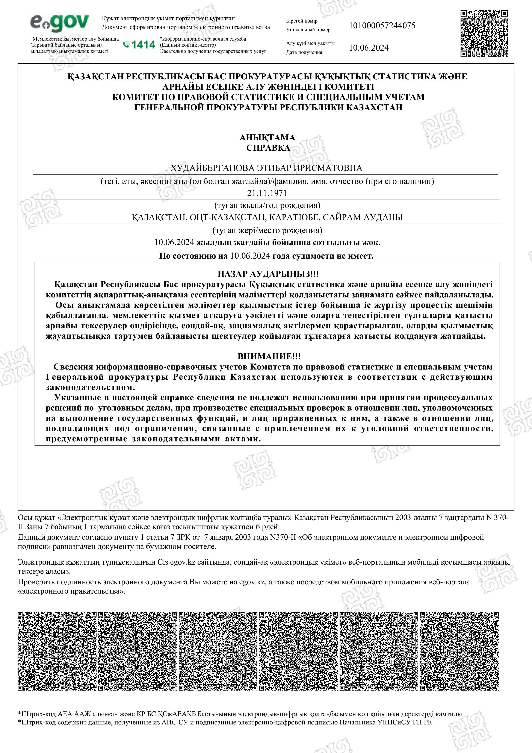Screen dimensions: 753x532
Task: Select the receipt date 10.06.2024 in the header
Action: coord(369,48)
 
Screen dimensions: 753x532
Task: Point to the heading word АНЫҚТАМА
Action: coord(267,137)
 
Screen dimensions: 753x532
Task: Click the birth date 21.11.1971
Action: coord(267,193)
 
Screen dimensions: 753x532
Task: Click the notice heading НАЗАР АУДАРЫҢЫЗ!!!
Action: coord(268,274)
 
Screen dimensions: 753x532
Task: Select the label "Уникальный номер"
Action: coord(308,30)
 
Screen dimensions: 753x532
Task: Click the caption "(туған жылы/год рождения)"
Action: coord(267,205)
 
